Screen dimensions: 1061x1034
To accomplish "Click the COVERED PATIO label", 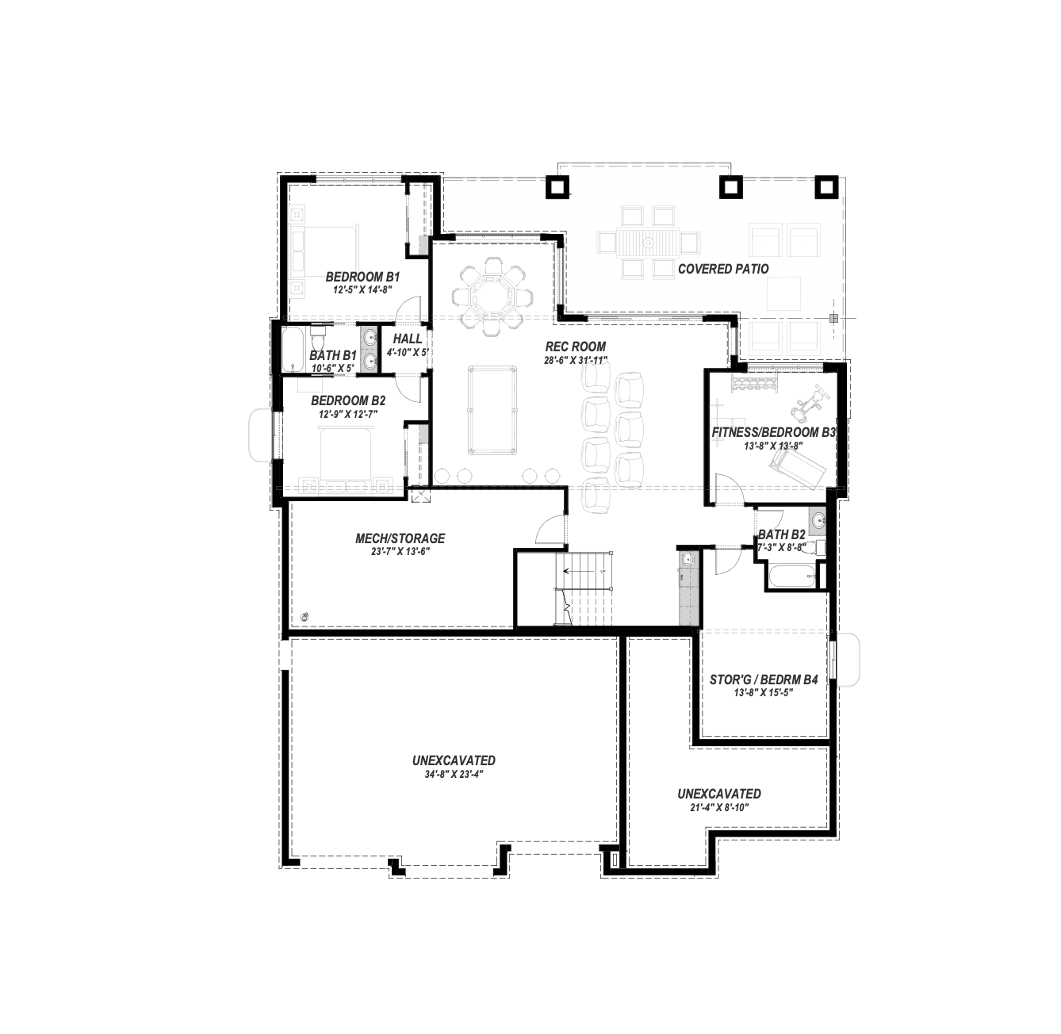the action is pyautogui.click(x=723, y=269).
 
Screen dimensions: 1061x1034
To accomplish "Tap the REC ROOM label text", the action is pyautogui.click(x=575, y=347).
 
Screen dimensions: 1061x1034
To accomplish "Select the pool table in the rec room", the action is pyautogui.click(x=492, y=410).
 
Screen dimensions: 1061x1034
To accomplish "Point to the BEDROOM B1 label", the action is pyautogui.click(x=362, y=277).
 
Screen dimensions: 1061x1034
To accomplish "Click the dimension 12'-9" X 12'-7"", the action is pyautogui.click(x=348, y=414).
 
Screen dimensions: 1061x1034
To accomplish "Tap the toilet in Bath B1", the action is pyautogui.click(x=317, y=339).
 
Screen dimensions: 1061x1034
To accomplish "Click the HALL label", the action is pyautogui.click(x=408, y=339).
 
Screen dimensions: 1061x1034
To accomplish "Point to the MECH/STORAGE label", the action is pyautogui.click(x=400, y=538).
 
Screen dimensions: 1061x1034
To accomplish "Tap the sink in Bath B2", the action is pyautogui.click(x=817, y=521).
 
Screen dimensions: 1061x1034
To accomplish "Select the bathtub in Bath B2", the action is pyautogui.click(x=791, y=576).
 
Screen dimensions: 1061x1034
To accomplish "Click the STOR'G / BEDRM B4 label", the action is pyautogui.click(x=764, y=680).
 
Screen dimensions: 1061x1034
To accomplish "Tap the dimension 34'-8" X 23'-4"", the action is pyautogui.click(x=453, y=774).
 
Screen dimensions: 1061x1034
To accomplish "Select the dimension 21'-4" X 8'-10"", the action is pyautogui.click(x=719, y=807).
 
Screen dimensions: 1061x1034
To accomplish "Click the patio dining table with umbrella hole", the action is pyautogui.click(x=648, y=243).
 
